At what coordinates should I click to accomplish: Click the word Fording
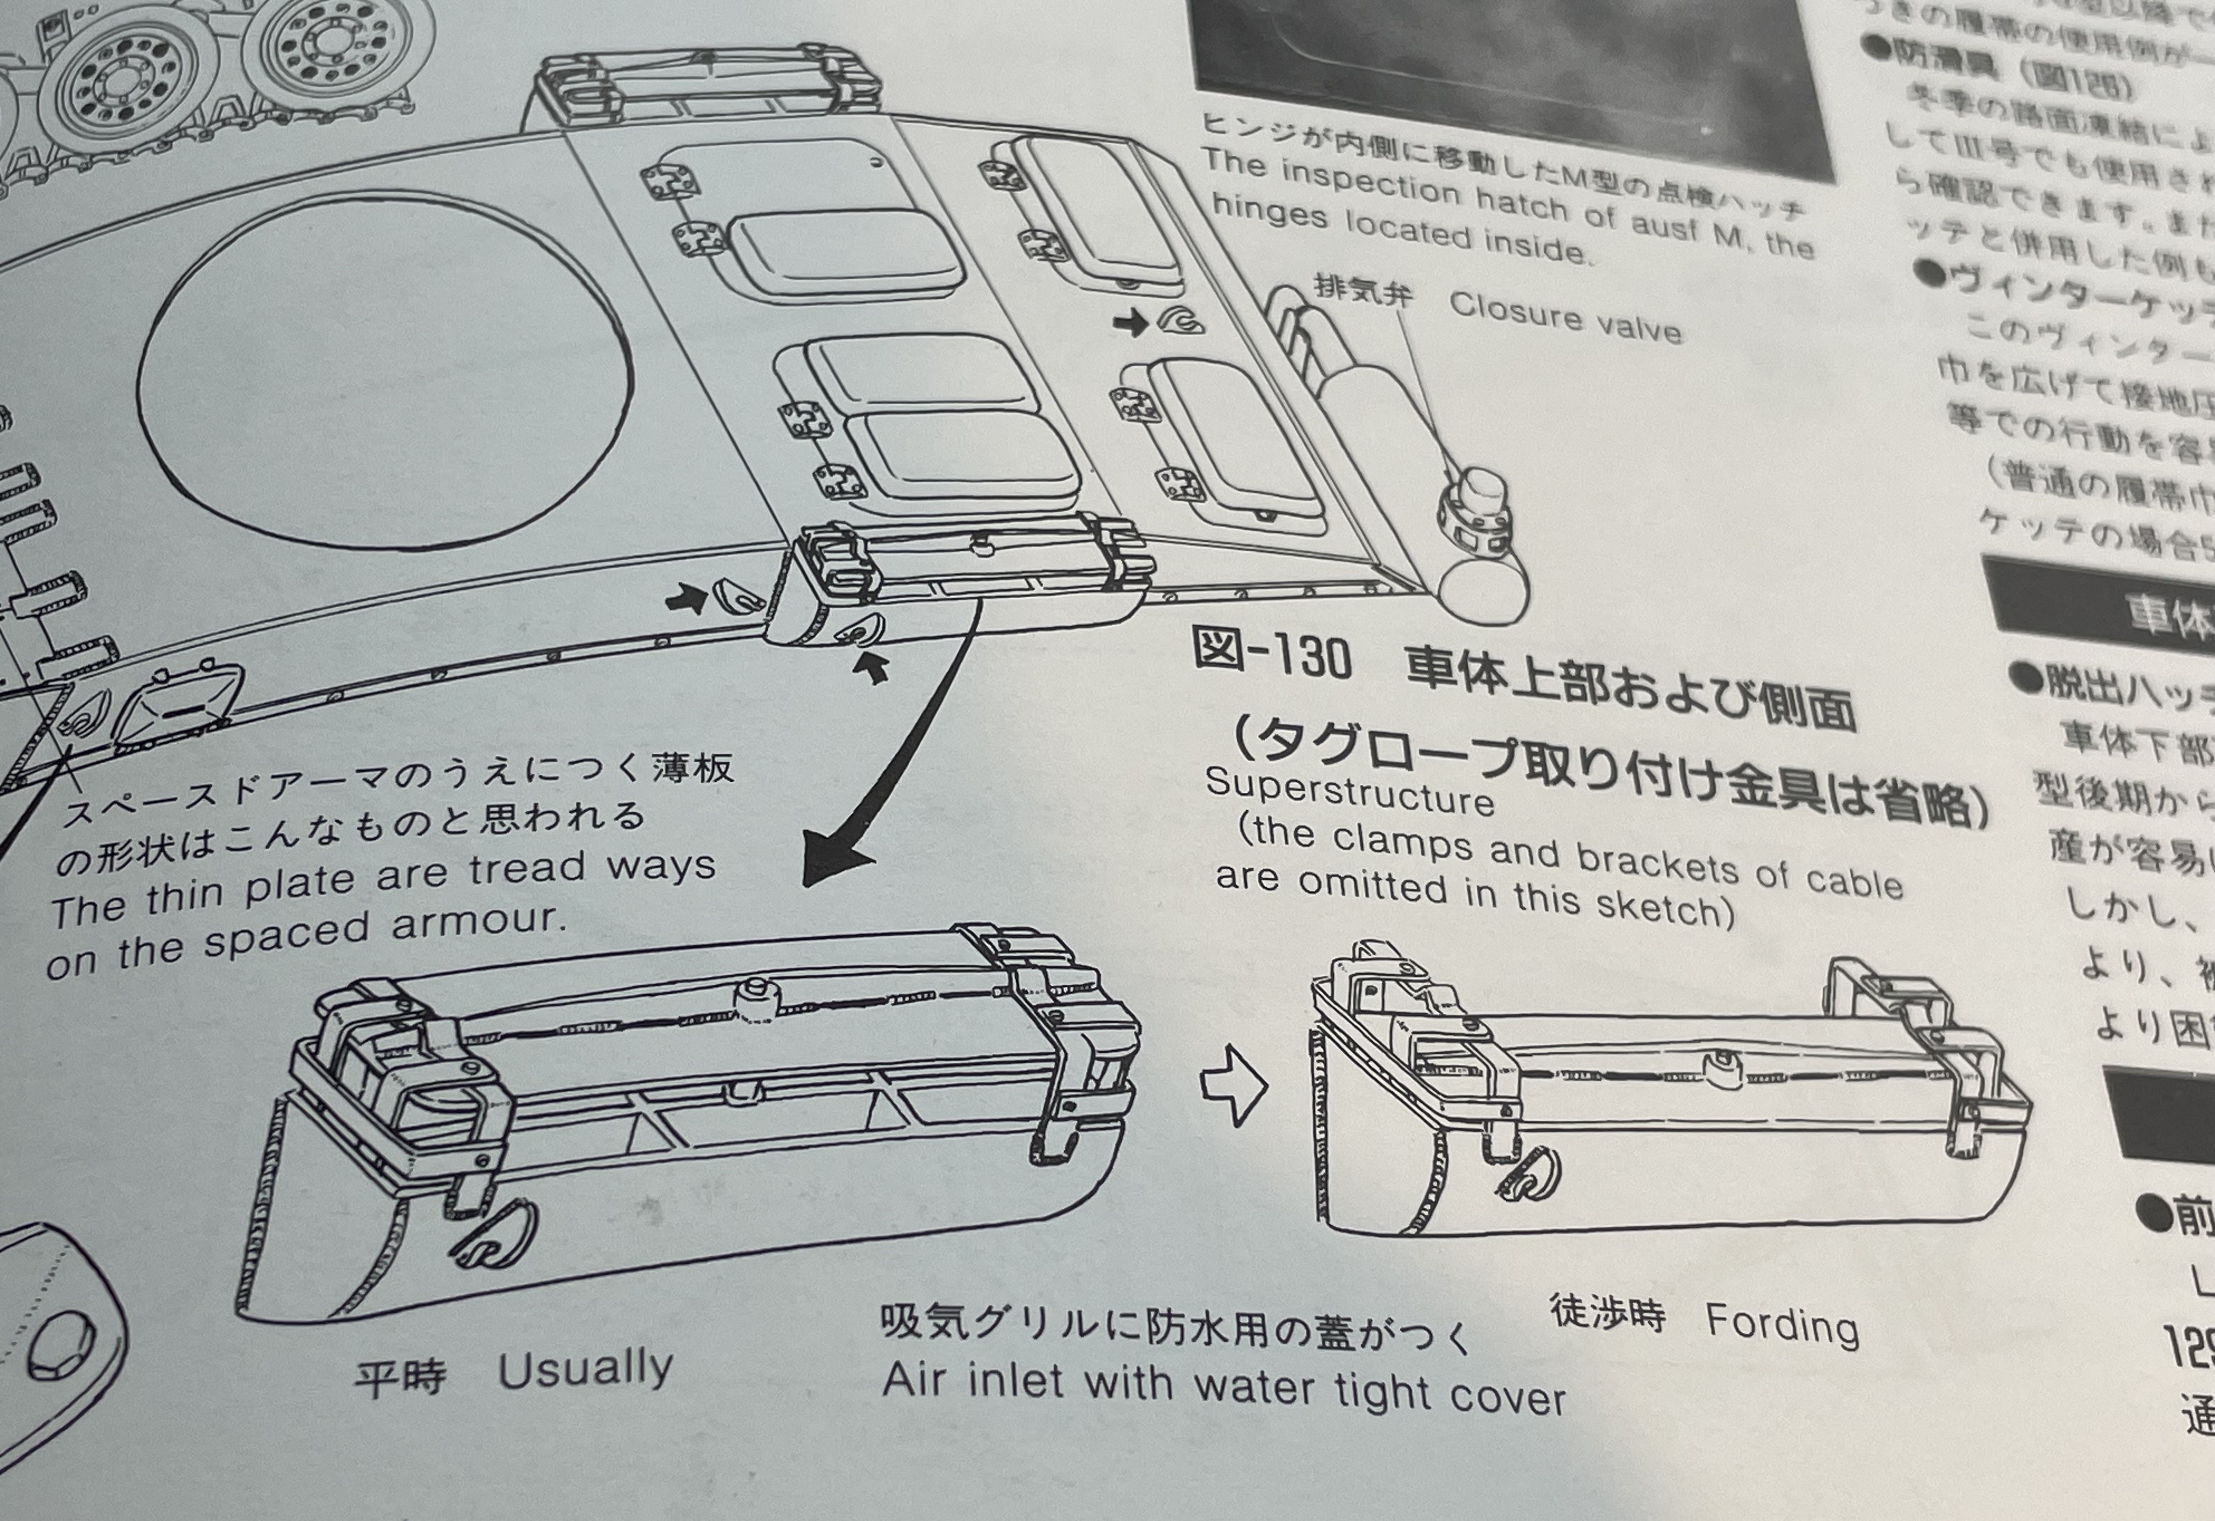(1781, 1324)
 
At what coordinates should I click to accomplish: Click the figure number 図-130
(1272, 656)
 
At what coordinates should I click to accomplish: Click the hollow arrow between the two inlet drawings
(1233, 1085)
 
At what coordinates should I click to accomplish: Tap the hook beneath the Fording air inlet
(1528, 1175)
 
